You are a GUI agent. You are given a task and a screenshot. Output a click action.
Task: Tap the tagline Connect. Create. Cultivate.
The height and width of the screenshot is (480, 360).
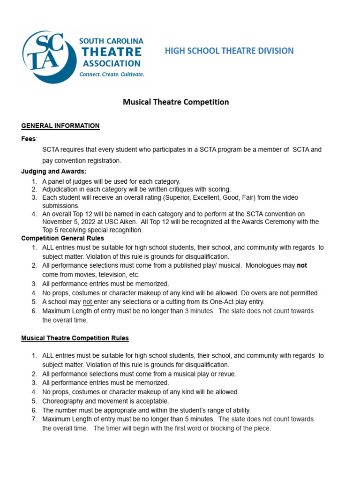pyautogui.click(x=112, y=74)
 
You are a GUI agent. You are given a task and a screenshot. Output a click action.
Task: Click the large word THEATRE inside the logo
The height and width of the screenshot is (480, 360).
pyautogui.click(x=112, y=52)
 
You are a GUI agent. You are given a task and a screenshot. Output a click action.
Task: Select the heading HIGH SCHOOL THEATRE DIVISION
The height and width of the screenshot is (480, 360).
pyautogui.click(x=229, y=51)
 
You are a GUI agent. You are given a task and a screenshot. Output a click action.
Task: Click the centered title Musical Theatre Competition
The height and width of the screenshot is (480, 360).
pyautogui.click(x=176, y=102)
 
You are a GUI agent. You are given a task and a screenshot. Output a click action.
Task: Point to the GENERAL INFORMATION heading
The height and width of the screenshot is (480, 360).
pyautogui.click(x=60, y=126)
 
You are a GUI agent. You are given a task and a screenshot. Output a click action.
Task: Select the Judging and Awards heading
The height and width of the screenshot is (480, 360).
pyautogui.click(x=54, y=172)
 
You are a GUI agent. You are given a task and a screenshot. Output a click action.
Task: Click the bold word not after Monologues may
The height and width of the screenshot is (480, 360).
pyautogui.click(x=302, y=265)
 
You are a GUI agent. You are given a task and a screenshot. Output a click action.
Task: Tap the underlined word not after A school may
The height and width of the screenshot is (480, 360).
pyautogui.click(x=88, y=302)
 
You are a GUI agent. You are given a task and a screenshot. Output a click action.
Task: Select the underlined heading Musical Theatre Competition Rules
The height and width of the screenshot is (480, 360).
pyautogui.click(x=75, y=338)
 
